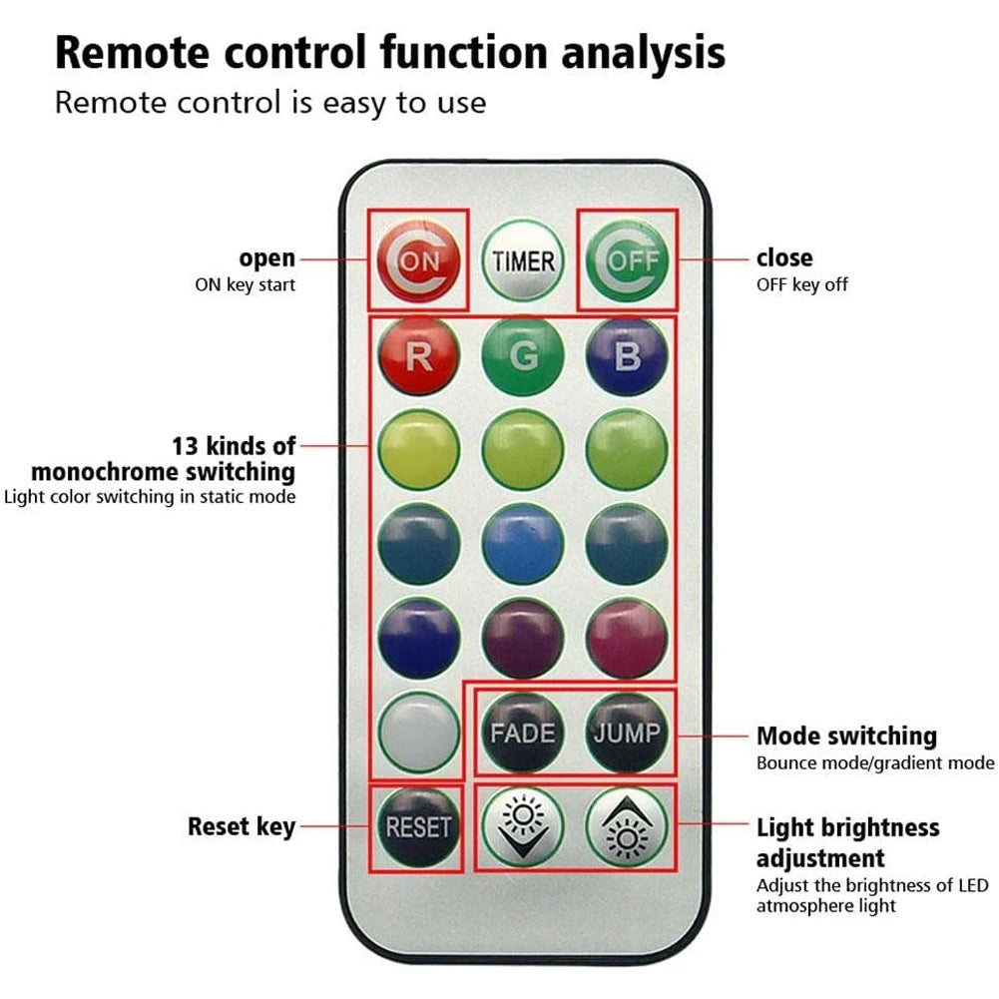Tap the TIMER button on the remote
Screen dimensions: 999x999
pos(523,261)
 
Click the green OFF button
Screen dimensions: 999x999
pos(627,261)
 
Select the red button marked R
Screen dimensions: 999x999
pos(419,356)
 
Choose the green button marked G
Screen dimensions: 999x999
pos(523,356)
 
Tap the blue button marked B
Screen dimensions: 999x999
pos(627,356)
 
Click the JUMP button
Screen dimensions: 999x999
pos(627,734)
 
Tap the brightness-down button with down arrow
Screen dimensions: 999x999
pos(523,827)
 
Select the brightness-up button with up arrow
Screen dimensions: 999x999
pos(627,827)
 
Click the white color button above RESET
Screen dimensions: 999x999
pos(419,734)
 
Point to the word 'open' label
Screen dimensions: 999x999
pos(266,258)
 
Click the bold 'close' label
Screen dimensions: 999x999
pos(784,258)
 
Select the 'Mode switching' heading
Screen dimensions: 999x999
pos(846,737)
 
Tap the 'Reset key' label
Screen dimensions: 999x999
pos(242,827)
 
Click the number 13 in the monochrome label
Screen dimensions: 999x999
pos(186,444)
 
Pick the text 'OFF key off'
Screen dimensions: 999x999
pos(801,285)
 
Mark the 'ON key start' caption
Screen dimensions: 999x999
pos(245,285)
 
